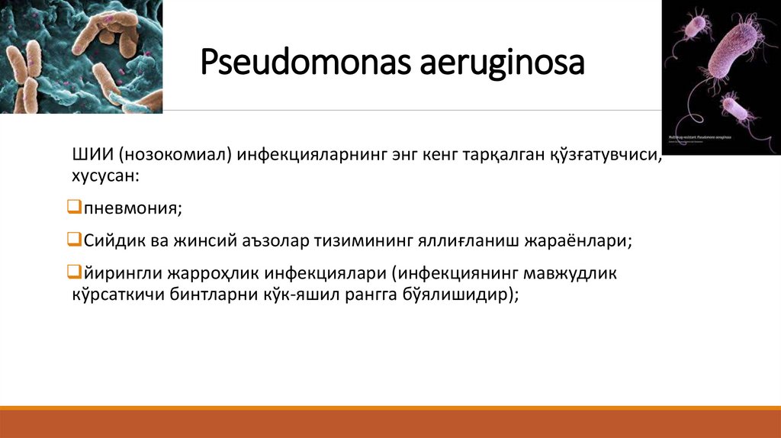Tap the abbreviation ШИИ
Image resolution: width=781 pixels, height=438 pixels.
point(91,156)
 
